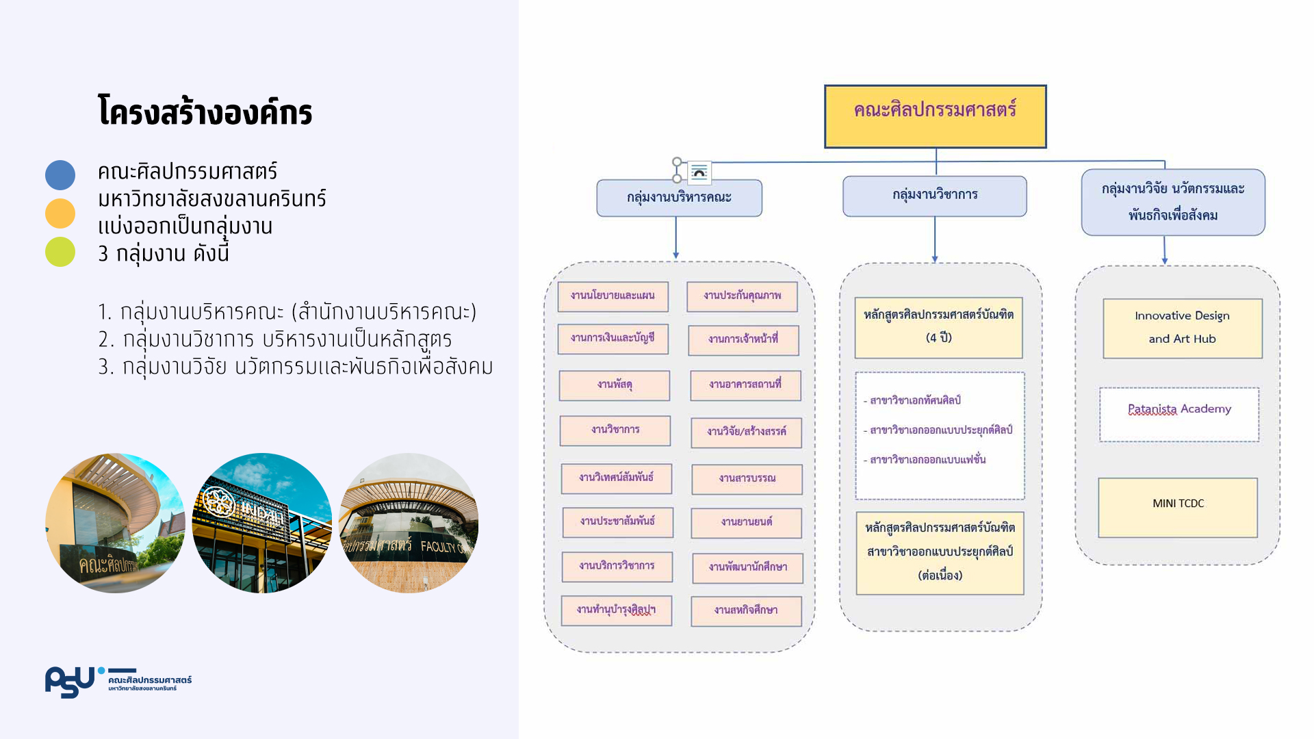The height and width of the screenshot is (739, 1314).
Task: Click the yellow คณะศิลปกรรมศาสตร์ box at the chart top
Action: coord(935,116)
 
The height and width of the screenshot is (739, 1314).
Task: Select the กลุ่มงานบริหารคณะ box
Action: coord(679,198)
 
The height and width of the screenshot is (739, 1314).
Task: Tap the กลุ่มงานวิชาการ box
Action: coord(934,196)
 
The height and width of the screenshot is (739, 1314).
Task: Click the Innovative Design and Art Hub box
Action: coord(1182,328)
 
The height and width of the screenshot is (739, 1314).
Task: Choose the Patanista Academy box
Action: coord(1178,414)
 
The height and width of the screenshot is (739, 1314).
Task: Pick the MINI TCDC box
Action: coord(1177,507)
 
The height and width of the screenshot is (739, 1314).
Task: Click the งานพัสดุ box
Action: coord(614,385)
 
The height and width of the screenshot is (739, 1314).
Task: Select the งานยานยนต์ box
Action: coord(746,523)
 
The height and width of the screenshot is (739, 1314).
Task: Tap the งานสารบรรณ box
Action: coord(747,479)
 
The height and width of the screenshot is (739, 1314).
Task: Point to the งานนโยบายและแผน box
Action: coord(613,296)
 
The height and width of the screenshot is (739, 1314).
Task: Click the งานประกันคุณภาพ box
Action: coord(742,296)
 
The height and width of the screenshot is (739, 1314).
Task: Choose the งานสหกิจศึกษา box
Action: coord(746,611)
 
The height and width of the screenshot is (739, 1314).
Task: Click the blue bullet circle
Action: coord(60,175)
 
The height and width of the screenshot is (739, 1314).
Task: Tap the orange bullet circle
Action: coord(60,213)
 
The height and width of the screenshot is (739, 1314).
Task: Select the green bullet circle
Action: coord(60,252)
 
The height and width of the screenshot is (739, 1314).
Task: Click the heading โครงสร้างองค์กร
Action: coord(205,112)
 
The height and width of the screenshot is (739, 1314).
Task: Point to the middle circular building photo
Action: coord(261,523)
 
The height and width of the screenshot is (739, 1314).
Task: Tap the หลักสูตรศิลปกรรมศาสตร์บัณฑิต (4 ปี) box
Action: coord(938,327)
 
